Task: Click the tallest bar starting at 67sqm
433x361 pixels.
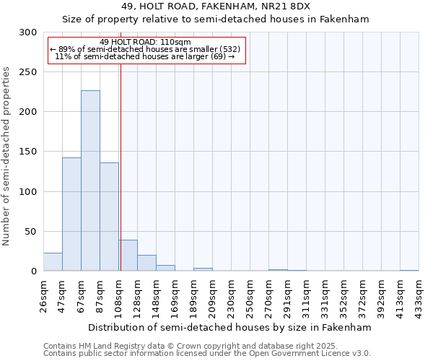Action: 90,180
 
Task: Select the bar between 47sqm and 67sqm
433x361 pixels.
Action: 71,214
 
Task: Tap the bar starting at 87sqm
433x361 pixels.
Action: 109,217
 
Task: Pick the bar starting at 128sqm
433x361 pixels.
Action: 146,263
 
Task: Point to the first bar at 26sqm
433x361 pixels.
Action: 53,262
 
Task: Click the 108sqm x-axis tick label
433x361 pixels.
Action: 118,295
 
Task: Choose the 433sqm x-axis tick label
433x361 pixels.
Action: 419,295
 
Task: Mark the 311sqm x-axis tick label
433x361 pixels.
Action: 307,295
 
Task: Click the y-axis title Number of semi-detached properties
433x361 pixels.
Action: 7,156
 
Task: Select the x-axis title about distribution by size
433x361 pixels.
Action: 231,327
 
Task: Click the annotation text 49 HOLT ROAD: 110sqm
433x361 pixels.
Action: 146,43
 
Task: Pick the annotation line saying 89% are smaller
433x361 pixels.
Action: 146,49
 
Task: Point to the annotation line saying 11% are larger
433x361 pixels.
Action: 146,56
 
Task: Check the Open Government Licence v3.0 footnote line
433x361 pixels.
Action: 207,354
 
